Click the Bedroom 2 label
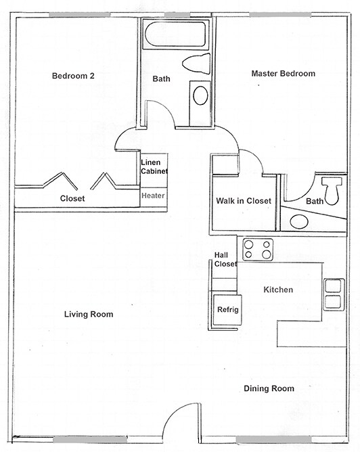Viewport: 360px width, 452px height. pyautogui.click(x=73, y=76)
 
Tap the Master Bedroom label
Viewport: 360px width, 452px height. pyautogui.click(x=283, y=73)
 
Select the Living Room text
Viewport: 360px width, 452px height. pyautogui.click(x=89, y=314)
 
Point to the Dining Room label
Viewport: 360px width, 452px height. pyautogui.click(x=269, y=388)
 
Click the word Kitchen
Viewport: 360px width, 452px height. pyautogui.click(x=278, y=290)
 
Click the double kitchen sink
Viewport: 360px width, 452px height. pyautogui.click(x=332, y=293)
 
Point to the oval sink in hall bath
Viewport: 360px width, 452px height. pyautogui.click(x=201, y=95)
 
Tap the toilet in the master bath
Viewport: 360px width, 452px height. pyautogui.click(x=331, y=189)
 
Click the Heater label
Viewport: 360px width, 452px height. pyautogui.click(x=153, y=196)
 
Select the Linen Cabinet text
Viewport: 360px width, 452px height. pyautogui.click(x=154, y=166)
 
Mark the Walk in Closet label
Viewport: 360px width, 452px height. pyautogui.click(x=244, y=201)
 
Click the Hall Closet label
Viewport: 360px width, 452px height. pyautogui.click(x=225, y=259)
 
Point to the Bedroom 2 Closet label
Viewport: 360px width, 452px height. pyautogui.click(x=72, y=198)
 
